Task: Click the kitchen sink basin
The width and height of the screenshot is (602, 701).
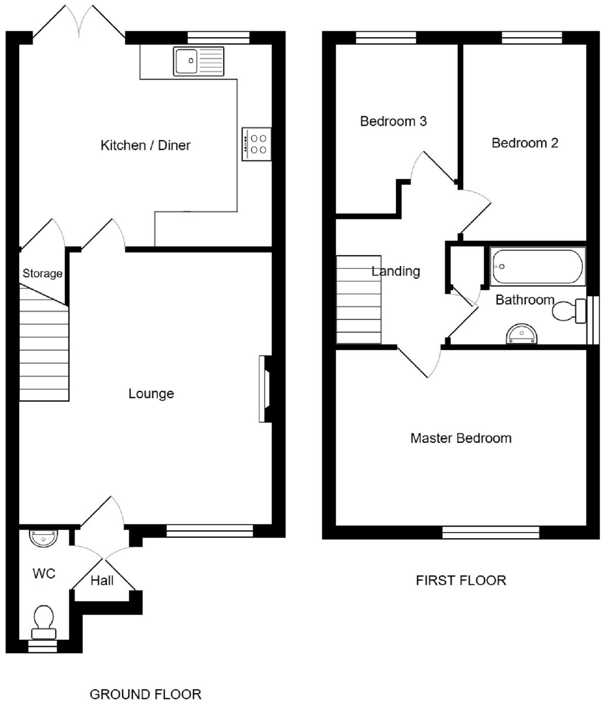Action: (186, 61)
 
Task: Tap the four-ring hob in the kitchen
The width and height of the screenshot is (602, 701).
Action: (257, 144)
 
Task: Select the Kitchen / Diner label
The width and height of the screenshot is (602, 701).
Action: (145, 145)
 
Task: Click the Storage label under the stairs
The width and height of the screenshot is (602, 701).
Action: (42, 273)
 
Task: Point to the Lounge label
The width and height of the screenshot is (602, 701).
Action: (151, 393)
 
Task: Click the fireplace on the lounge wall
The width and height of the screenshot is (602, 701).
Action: (265, 389)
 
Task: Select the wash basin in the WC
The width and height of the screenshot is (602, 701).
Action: (43, 538)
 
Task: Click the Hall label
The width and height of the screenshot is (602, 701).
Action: (102, 581)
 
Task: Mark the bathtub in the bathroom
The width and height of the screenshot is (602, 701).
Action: (537, 266)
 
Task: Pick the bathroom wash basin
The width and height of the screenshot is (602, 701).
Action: (521, 335)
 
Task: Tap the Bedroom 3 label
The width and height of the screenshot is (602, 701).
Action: (393, 121)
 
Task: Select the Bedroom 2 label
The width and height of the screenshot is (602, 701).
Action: (525, 143)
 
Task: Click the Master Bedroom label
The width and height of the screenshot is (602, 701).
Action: (461, 438)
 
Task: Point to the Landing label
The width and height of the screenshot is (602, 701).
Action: (395, 271)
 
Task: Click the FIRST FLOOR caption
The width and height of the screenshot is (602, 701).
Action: (461, 580)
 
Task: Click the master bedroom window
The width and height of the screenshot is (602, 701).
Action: (490, 532)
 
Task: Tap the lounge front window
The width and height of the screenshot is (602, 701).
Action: (210, 531)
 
